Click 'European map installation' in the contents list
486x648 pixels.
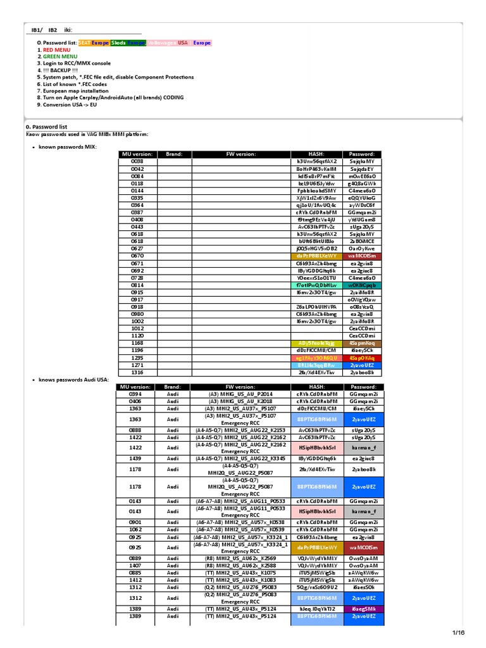(x=77, y=90)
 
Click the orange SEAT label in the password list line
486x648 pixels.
(x=84, y=42)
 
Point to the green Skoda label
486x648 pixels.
(x=118, y=42)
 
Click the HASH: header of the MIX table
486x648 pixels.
(x=316, y=154)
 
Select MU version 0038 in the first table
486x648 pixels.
(x=137, y=161)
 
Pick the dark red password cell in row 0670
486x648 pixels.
(x=362, y=256)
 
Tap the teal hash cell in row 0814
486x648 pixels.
(x=316, y=285)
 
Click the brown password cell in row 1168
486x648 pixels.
(x=362, y=342)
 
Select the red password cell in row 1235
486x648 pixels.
(x=362, y=358)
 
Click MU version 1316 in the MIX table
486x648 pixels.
(x=137, y=372)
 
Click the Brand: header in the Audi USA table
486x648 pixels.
(x=173, y=386)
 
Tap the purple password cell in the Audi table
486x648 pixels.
(x=363, y=608)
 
